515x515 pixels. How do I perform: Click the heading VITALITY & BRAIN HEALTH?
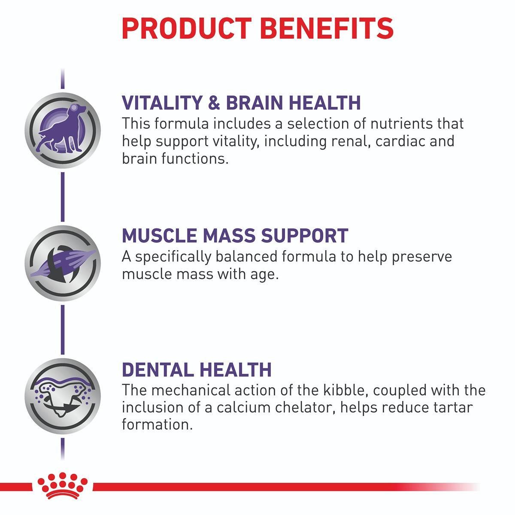pyautogui.click(x=241, y=103)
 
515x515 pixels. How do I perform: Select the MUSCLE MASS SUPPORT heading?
pyautogui.click(x=235, y=236)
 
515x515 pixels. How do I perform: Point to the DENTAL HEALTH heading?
pyautogui.click(x=197, y=370)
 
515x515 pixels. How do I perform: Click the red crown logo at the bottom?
pyautogui.click(x=63, y=489)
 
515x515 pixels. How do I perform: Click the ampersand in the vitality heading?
pyautogui.click(x=214, y=103)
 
